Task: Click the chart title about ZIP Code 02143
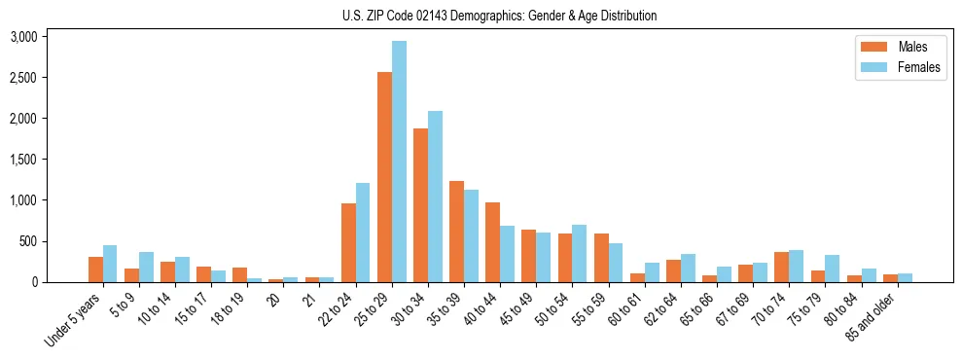click(499, 16)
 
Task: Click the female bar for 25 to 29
click(399, 162)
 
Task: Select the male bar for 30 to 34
click(420, 205)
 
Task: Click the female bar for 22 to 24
click(363, 233)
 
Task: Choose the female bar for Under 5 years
click(110, 264)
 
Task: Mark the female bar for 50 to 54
click(579, 253)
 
